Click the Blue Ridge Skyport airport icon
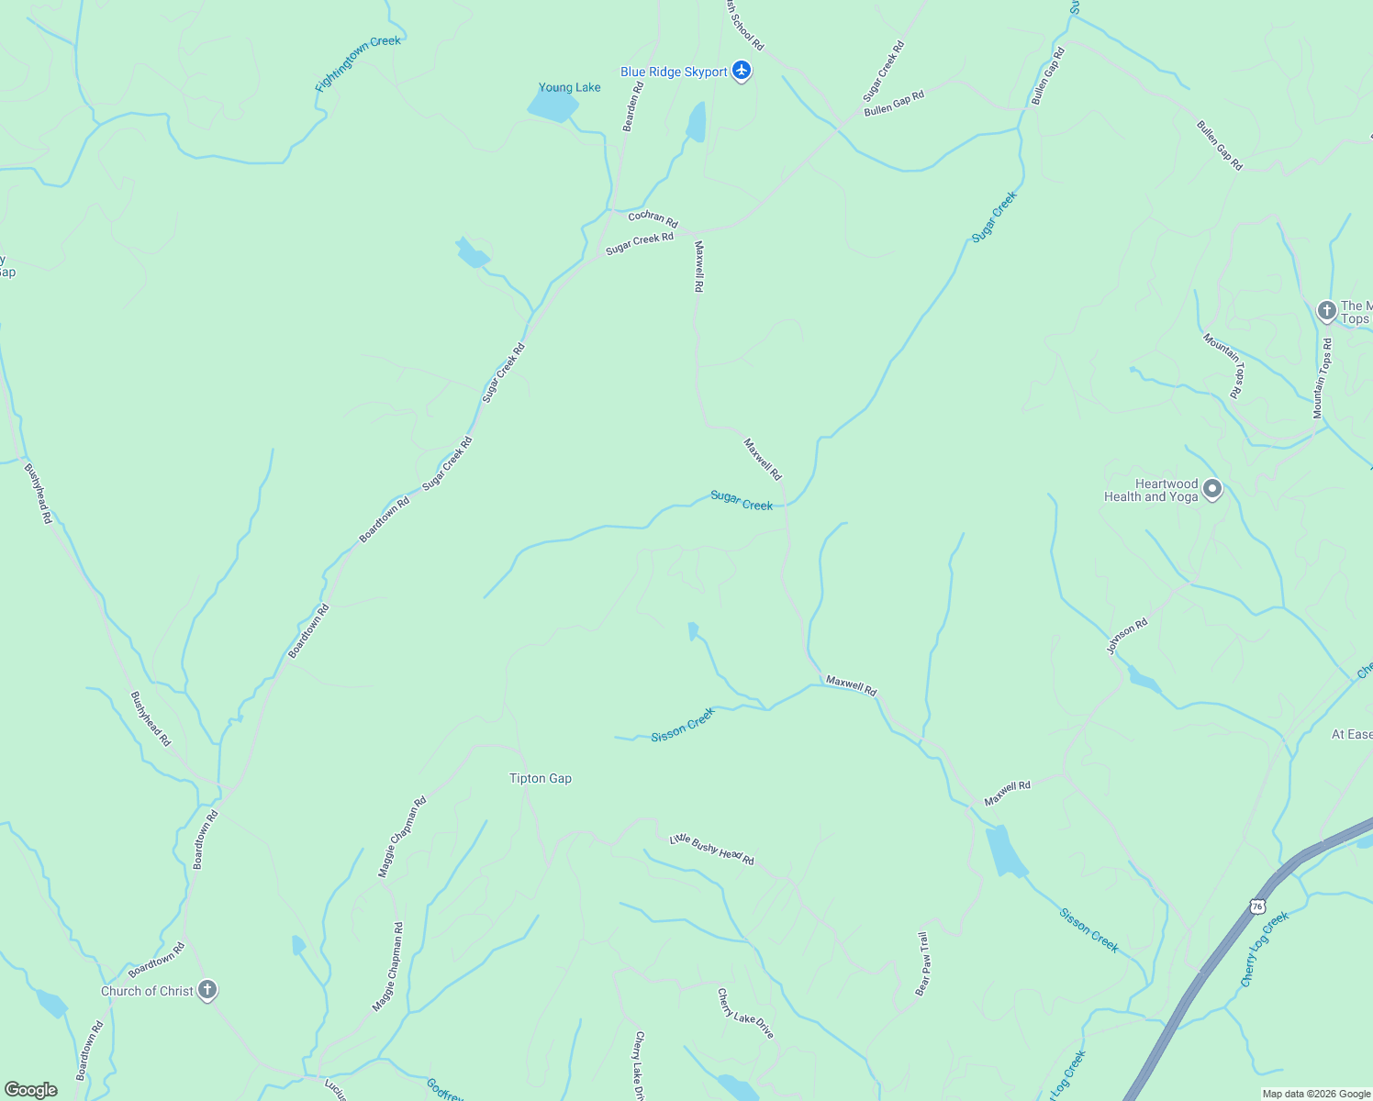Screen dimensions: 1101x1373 tap(742, 71)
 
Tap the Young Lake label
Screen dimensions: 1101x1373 tap(569, 88)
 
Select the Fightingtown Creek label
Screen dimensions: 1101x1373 tap(358, 65)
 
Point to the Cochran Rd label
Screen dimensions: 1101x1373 tap(653, 218)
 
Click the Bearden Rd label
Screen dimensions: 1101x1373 tap(633, 106)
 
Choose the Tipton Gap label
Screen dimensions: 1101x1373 tap(541, 779)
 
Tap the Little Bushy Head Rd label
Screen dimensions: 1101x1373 tap(711, 850)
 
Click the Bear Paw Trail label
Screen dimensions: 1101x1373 tap(923, 963)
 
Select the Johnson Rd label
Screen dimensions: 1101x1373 tap(1127, 636)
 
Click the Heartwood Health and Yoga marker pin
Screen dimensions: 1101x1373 tap(1212, 489)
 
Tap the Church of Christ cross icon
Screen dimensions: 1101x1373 tap(207, 990)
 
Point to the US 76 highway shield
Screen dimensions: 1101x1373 tap(1256, 906)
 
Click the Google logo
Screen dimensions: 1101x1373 tap(31, 1090)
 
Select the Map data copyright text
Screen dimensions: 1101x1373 tap(1316, 1094)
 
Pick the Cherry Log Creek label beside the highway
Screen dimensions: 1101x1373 tap(1265, 950)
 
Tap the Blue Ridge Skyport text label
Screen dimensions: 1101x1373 tap(674, 72)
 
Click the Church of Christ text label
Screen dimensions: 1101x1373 tap(147, 991)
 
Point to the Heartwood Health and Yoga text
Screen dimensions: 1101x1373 tap(1152, 491)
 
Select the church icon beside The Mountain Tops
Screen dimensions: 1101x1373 tap(1326, 311)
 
